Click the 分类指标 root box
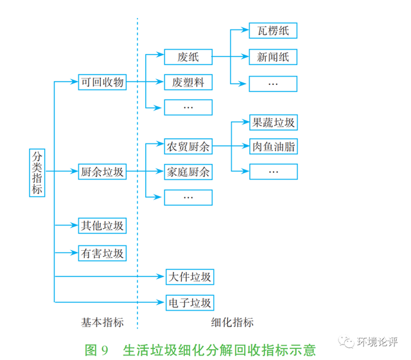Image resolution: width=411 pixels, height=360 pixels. coord(37,173)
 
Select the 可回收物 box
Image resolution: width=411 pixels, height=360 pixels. coord(102,82)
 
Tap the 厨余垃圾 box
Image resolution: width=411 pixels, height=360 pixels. coord(102,172)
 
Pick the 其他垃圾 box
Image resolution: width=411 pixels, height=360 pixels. coord(102,226)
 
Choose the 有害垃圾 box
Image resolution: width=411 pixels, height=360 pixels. coord(102,253)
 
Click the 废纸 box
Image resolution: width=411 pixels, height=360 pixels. coord(188,57)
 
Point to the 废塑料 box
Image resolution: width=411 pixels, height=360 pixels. coord(188,82)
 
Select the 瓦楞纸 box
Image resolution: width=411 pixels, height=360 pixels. coord(273,31)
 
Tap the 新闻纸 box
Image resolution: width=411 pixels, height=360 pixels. coord(273,57)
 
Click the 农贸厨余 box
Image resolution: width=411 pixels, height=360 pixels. coord(188,147)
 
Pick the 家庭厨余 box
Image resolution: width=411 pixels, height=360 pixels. coord(188,172)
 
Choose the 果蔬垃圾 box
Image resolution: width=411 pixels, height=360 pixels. coord(274,123)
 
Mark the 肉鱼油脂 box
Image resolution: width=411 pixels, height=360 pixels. coord(274,147)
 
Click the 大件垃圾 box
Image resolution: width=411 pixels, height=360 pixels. coord(190,277)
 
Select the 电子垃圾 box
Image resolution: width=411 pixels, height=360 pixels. coord(190,303)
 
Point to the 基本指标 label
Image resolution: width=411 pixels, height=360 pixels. coord(102,322)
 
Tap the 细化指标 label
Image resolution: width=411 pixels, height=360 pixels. coord(232,322)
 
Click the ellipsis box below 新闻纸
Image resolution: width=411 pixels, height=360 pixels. coord(273,84)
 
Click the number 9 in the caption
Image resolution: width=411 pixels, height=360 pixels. coord(105,350)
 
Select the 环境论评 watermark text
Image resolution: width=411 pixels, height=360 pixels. coord(377,341)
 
